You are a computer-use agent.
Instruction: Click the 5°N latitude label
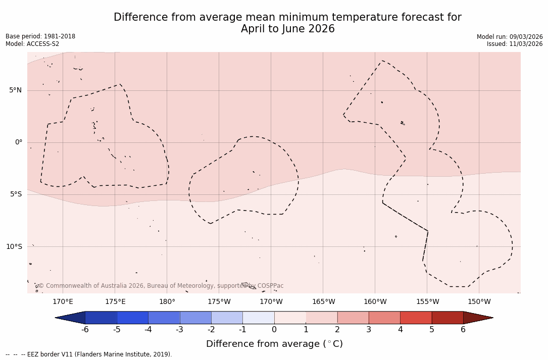click(x=15, y=90)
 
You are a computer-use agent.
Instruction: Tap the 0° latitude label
click(x=19, y=142)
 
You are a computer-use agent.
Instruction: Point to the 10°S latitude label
click(x=14, y=247)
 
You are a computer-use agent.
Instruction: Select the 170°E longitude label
click(x=63, y=302)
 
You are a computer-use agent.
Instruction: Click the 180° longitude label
click(x=167, y=302)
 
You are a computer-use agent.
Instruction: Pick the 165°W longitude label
click(x=323, y=302)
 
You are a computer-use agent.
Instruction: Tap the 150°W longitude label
click(x=479, y=302)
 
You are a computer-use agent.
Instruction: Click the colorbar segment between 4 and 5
click(x=416, y=318)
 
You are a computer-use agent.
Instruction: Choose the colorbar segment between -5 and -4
click(x=132, y=318)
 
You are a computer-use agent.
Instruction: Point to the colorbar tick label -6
click(x=85, y=330)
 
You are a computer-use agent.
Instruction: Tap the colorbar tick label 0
click(x=274, y=330)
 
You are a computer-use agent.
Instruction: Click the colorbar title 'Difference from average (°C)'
click(x=274, y=344)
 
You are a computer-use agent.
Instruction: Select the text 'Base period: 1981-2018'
click(x=40, y=36)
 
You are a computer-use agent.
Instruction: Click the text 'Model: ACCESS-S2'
click(x=32, y=44)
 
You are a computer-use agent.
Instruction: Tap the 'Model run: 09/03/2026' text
click(x=510, y=37)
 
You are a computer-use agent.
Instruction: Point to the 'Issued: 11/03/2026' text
click(x=515, y=44)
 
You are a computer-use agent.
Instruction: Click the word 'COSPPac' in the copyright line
click(x=270, y=286)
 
